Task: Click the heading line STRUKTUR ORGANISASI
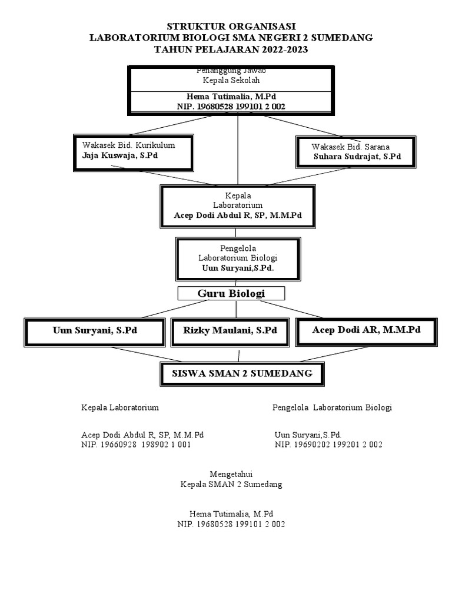coord(231,26)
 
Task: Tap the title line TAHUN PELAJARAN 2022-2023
coord(231,49)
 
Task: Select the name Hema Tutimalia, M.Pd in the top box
coord(231,96)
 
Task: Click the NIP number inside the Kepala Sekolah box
coord(231,106)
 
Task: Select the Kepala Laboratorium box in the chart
coord(238,206)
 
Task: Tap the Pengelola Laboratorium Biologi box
coord(238,258)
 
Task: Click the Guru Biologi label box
coord(231,293)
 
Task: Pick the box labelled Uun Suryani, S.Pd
coord(95,331)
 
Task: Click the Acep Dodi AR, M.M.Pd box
coord(365,330)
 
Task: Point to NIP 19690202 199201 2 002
coord(328,445)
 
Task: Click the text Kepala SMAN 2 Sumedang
coord(231,485)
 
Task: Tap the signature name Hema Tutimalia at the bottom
coord(231,513)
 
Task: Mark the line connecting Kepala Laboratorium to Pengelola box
coord(238,232)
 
